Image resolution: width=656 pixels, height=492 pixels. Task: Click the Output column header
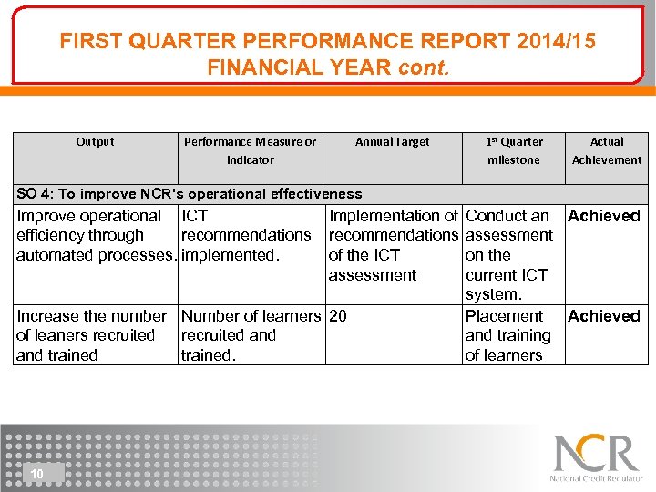pyautogui.click(x=95, y=142)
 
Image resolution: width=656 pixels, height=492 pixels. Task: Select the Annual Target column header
pyautogui.click(x=392, y=142)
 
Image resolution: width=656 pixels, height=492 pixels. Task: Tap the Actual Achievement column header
pyautogui.click(x=607, y=150)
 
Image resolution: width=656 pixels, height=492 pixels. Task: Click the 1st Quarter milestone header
pyautogui.click(x=514, y=150)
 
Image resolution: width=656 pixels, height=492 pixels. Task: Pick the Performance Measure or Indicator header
pyautogui.click(x=250, y=150)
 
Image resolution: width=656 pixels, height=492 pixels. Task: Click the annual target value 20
pyautogui.click(x=338, y=316)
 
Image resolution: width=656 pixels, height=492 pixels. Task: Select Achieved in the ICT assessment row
pyautogui.click(x=604, y=216)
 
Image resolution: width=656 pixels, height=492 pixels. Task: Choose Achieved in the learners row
pyautogui.click(x=604, y=316)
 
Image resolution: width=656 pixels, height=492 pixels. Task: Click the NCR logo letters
pyautogui.click(x=596, y=453)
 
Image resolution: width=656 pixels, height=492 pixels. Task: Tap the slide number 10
pyautogui.click(x=37, y=474)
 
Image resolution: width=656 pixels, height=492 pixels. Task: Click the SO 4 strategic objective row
pyautogui.click(x=190, y=193)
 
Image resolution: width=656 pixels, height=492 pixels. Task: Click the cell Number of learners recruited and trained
pyautogui.click(x=251, y=335)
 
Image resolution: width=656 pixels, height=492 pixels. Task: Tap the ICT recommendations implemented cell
pyautogui.click(x=246, y=235)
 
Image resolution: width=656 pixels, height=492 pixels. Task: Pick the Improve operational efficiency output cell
pyautogui.click(x=96, y=235)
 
